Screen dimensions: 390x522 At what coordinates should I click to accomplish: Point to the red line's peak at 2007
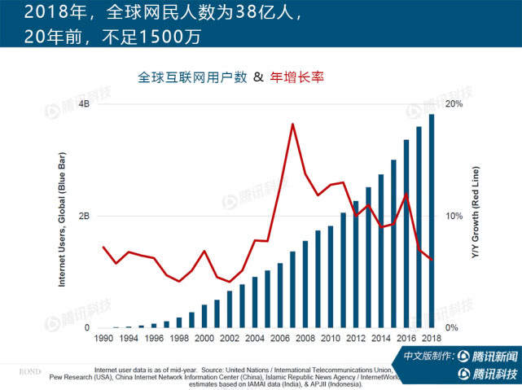[292, 124]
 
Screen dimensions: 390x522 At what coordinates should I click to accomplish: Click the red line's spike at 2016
[406, 194]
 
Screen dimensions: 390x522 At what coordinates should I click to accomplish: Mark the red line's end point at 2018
[431, 259]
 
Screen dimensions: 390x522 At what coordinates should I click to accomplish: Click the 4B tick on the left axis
[84, 104]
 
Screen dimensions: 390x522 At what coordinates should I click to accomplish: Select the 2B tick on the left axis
[84, 217]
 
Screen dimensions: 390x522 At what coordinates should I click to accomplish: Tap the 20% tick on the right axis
[454, 104]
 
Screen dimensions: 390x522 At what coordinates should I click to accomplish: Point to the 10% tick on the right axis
[454, 217]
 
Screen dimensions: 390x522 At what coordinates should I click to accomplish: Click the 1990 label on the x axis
[104, 338]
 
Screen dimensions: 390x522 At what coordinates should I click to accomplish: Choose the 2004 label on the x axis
[255, 338]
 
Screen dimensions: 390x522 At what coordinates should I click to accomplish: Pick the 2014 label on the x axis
[380, 338]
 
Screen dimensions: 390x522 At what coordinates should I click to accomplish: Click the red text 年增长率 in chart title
[297, 77]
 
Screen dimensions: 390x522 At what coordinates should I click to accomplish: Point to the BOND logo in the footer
[29, 370]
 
